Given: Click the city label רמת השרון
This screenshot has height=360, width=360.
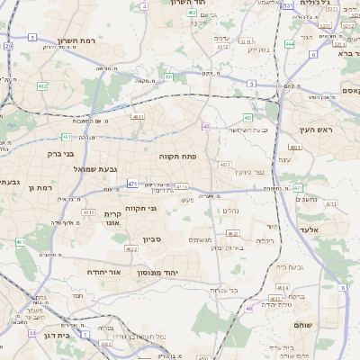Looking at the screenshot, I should tap(76, 40).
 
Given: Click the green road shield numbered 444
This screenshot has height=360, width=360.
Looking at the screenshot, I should tap(290, 43).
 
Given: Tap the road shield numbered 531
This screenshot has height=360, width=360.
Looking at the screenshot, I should tap(287, 5).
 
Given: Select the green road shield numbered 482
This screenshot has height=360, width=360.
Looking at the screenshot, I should tap(42, 85).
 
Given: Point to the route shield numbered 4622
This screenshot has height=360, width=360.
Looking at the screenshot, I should tap(232, 234).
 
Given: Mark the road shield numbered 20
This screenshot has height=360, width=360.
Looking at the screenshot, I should tap(8, 45).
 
